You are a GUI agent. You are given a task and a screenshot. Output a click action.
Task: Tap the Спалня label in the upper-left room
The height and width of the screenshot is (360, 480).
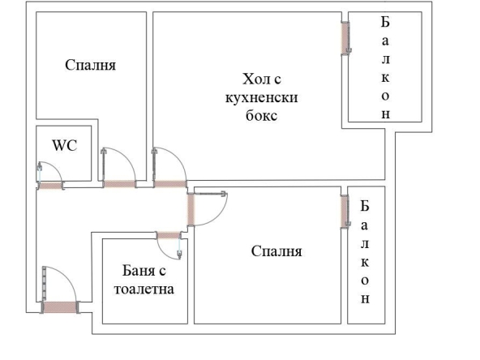click(x=91, y=66)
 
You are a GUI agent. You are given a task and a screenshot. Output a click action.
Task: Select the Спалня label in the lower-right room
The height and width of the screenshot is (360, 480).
click(x=277, y=251)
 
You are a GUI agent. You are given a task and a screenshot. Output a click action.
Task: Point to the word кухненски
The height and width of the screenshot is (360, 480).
click(x=262, y=97)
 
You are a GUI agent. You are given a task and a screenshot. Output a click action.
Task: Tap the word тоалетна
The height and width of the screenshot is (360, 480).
click(x=143, y=289)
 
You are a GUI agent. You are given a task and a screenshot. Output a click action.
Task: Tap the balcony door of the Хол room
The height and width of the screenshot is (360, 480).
click(x=344, y=36)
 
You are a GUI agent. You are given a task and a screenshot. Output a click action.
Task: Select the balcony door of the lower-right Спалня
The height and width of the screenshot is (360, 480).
click(x=344, y=212)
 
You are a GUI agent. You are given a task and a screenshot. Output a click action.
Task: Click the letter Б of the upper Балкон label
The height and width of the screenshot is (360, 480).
click(x=385, y=22)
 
